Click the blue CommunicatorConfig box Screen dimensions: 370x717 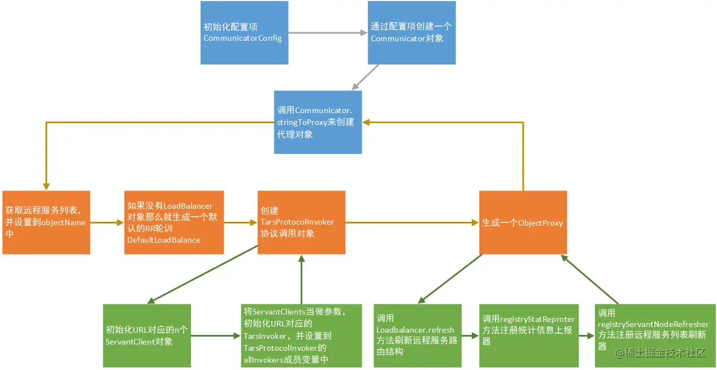244,33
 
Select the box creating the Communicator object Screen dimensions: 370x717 411,33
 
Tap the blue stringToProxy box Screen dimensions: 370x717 318,122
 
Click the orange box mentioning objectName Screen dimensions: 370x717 46,222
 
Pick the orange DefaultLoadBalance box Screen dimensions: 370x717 174,222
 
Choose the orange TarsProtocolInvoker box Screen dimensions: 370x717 301,222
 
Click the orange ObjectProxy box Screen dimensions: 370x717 523,222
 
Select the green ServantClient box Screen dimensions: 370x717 147,336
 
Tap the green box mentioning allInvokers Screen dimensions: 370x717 301,336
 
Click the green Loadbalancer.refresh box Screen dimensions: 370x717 418,336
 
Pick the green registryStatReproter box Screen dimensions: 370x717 528,336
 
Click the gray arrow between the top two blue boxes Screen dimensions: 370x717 328,33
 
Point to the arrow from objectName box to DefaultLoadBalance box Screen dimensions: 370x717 107,222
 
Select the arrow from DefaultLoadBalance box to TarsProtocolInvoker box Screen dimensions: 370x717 241,222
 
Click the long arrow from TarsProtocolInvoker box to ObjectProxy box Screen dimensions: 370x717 412,222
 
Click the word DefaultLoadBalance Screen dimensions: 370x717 164,240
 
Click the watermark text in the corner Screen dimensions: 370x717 661,353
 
